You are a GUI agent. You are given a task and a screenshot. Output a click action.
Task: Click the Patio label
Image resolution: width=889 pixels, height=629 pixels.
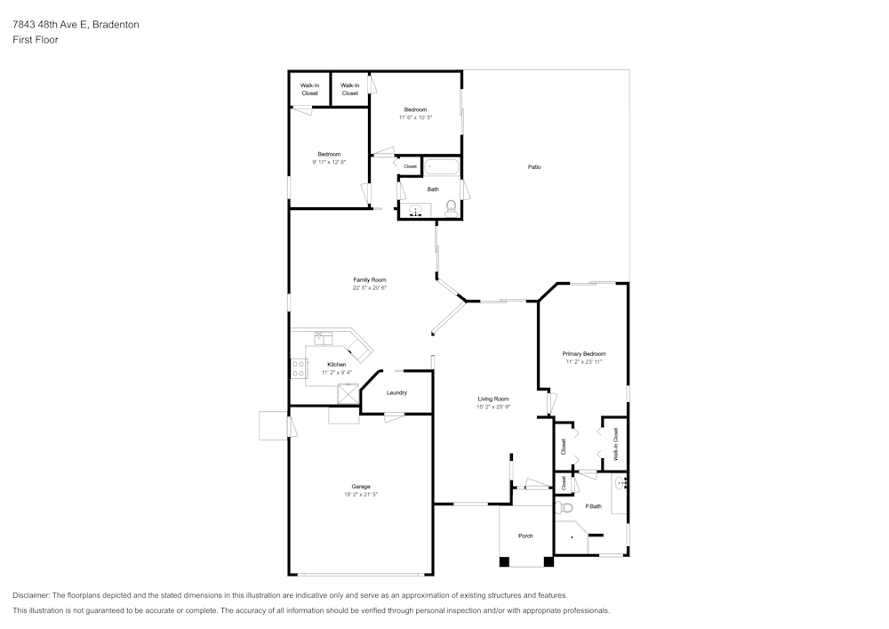tap(534, 167)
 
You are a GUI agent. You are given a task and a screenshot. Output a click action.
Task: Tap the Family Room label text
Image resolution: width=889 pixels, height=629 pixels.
tap(369, 280)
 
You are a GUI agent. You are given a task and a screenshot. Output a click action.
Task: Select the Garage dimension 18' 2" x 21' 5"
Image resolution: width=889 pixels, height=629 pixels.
tap(360, 495)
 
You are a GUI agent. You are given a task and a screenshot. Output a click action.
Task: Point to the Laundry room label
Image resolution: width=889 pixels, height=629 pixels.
tap(396, 393)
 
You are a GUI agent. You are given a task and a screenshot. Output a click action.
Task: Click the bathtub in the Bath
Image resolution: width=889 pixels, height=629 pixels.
tap(441, 166)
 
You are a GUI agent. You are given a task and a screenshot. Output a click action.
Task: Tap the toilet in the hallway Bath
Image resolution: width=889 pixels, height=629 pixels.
tap(451, 208)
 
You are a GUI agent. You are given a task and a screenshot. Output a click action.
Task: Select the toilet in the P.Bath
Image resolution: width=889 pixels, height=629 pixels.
tap(564, 508)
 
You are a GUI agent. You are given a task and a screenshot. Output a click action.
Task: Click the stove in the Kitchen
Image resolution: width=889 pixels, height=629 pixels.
tap(299, 367)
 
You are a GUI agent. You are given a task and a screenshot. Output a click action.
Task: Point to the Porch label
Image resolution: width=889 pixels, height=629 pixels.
tap(525, 536)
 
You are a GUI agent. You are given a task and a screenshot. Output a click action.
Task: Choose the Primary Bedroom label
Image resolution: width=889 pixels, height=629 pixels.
tap(583, 354)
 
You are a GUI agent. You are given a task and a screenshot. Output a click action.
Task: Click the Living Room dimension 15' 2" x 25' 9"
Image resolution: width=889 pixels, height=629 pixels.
tap(493, 407)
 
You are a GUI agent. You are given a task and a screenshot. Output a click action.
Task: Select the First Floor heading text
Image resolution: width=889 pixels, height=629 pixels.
tap(36, 40)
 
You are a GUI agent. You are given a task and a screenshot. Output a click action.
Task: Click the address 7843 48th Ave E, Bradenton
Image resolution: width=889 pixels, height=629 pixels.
tap(76, 25)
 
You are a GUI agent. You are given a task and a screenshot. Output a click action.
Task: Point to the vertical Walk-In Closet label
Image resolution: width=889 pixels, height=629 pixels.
tap(614, 443)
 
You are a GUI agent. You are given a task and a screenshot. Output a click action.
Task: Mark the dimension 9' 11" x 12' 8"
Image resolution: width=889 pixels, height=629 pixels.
tap(329, 162)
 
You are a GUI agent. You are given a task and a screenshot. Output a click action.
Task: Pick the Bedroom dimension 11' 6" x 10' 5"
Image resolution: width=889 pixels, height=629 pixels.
tap(415, 117)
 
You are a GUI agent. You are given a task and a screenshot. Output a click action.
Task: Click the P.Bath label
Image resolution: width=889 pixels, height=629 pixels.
tap(593, 506)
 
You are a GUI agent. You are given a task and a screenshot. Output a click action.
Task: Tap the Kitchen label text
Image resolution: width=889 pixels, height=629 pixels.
tap(336, 365)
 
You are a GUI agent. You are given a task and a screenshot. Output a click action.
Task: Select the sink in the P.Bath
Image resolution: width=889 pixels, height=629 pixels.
tap(621, 483)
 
